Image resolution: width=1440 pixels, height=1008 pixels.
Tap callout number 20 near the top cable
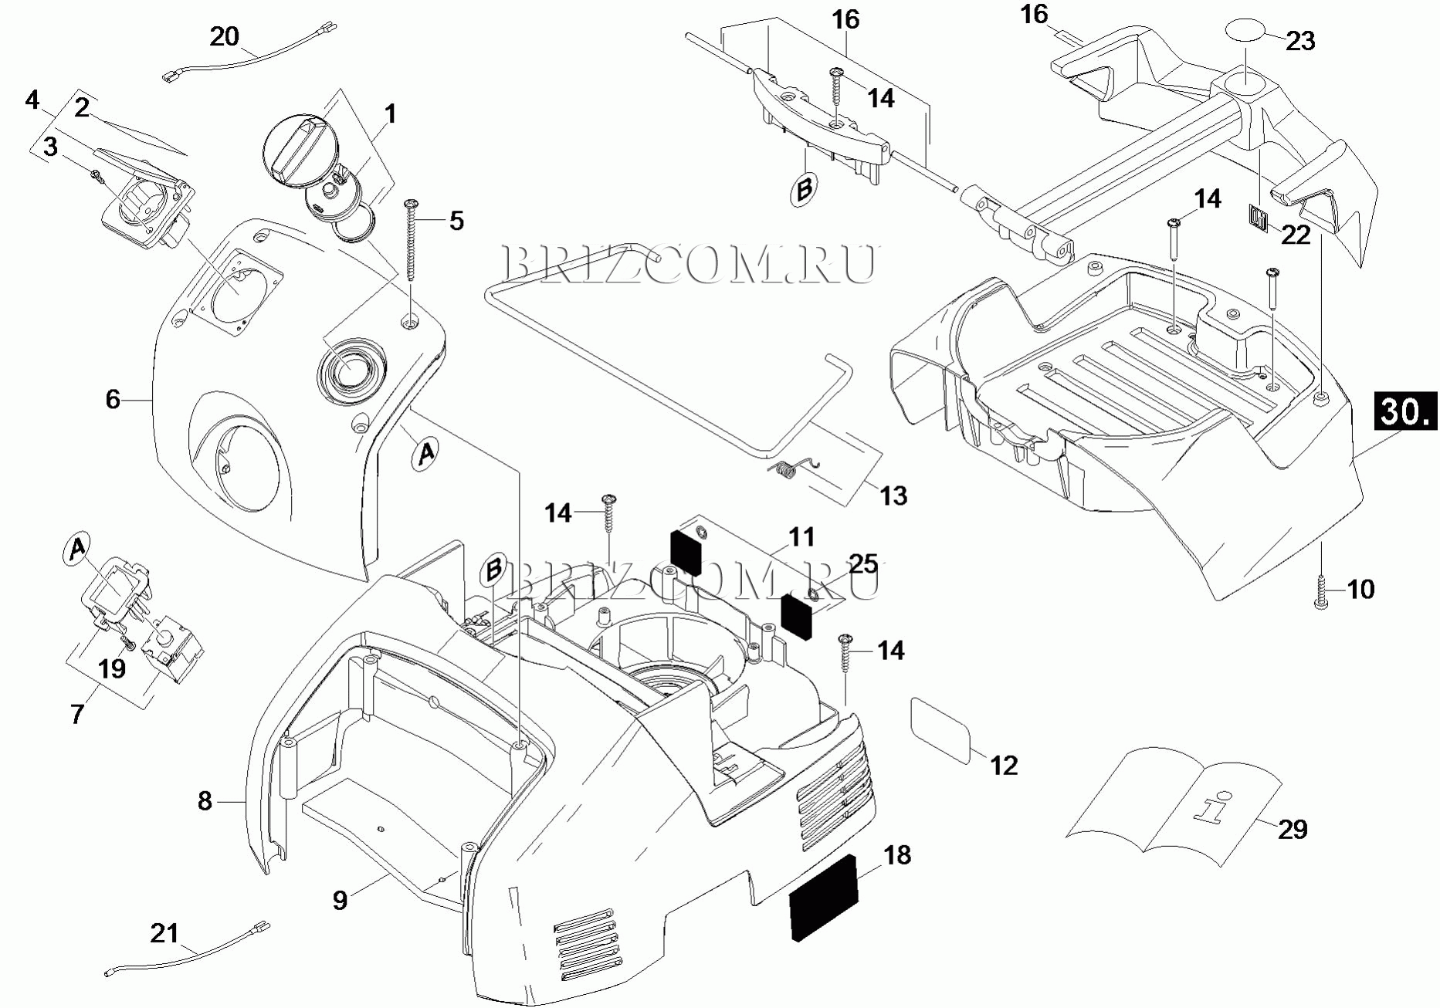tap(225, 36)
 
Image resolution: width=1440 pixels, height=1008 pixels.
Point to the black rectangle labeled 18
tap(825, 898)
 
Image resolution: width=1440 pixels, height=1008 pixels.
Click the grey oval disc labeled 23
tap(1243, 34)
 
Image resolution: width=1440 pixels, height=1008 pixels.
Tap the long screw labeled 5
tap(412, 239)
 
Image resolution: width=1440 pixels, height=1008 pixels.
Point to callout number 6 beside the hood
tap(113, 399)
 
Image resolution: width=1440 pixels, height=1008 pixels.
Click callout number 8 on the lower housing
tap(204, 801)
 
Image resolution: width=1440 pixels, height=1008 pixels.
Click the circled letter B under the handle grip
tap(803, 189)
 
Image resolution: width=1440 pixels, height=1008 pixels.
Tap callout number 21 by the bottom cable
tap(164, 934)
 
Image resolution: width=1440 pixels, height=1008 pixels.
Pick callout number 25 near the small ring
tap(863, 565)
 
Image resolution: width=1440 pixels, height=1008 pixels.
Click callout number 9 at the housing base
tap(340, 900)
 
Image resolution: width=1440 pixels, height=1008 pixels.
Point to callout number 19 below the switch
tap(112, 668)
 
